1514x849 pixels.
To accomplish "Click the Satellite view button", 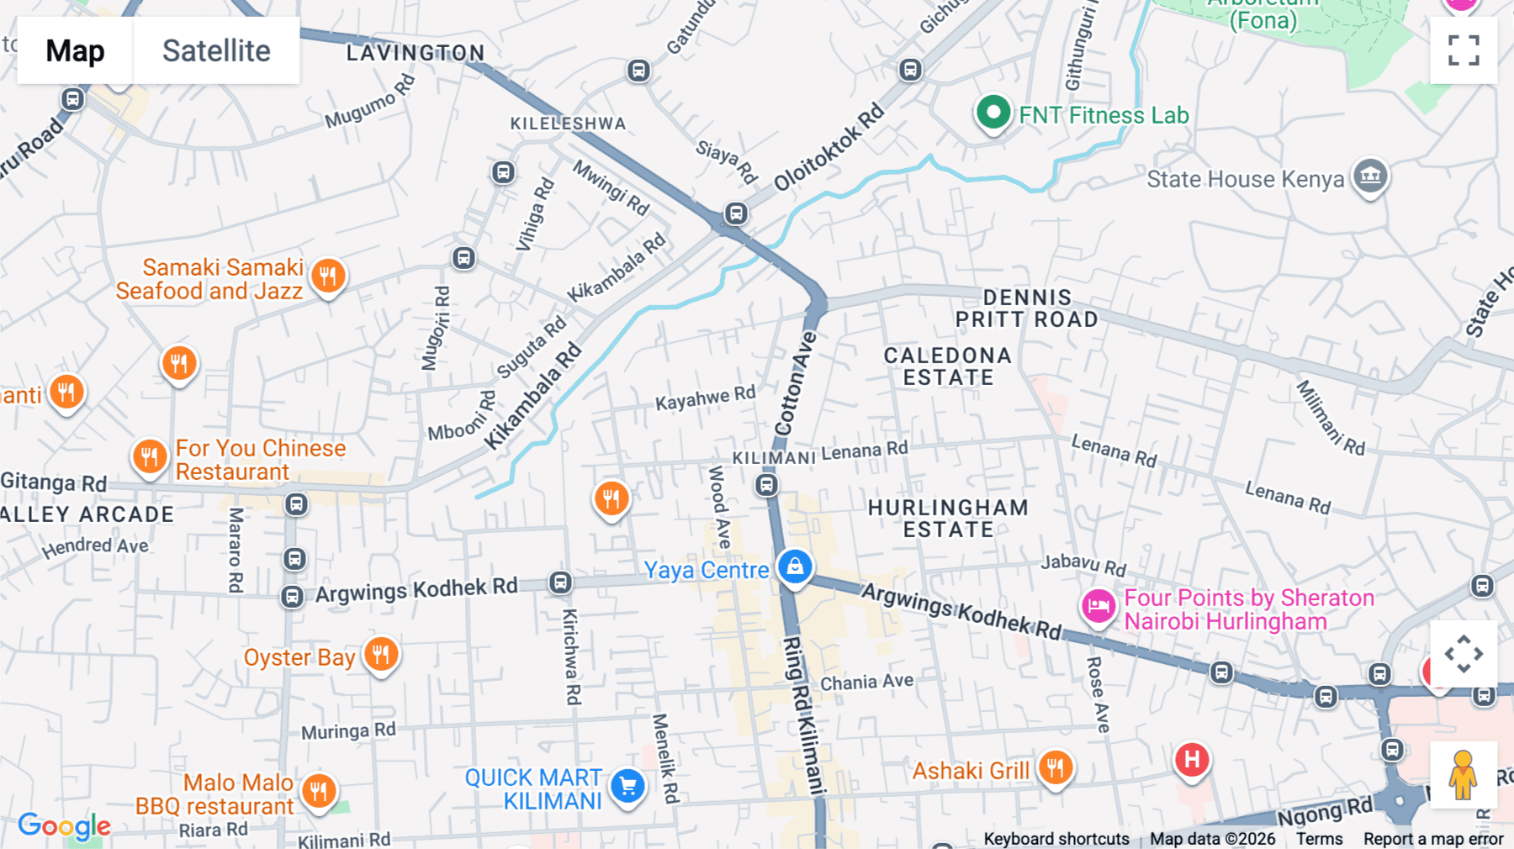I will [x=216, y=50].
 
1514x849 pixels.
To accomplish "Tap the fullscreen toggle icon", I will [x=1464, y=50].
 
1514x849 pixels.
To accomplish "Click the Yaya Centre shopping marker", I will [x=795, y=567].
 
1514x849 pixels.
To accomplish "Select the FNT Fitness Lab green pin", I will [x=993, y=113].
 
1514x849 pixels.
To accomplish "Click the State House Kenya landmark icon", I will [x=1370, y=177].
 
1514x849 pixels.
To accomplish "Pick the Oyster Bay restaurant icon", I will [x=381, y=654].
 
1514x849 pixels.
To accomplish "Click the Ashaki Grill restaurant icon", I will [x=1055, y=767].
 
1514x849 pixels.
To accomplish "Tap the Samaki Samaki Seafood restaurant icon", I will [x=328, y=276].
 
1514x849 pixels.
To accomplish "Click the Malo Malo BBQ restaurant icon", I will [x=319, y=791].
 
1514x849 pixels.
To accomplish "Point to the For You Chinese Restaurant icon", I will [x=150, y=457].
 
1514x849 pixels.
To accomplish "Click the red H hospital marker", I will [x=1192, y=760].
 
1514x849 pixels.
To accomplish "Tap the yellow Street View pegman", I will [x=1463, y=774].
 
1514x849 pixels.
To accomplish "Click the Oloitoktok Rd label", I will [x=828, y=147].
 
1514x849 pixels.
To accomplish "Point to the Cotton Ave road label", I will [x=796, y=383].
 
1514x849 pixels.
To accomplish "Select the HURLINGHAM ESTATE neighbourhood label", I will [x=948, y=519].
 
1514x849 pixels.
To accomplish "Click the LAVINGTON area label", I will [x=416, y=53].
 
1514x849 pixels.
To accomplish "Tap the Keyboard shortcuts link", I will [x=1056, y=839].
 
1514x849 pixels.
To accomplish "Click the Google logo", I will [x=65, y=825].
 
